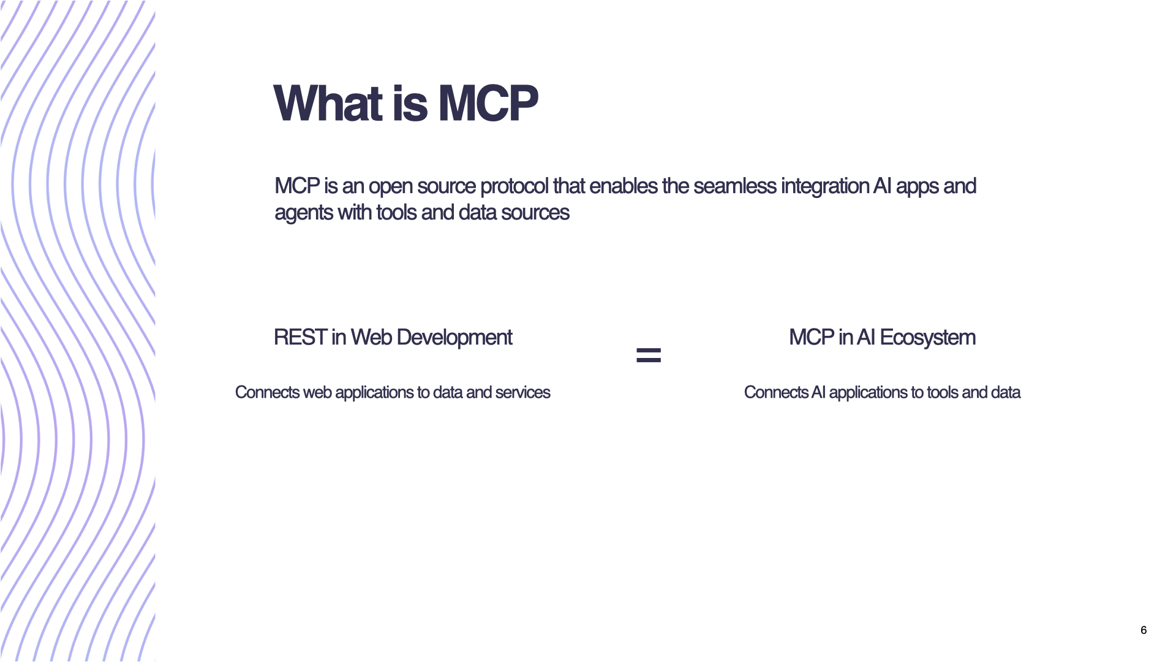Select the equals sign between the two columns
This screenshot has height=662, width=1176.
pos(649,355)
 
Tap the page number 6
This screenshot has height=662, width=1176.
pos(1144,630)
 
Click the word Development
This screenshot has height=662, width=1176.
pos(454,338)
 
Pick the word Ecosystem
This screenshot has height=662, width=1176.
pos(927,338)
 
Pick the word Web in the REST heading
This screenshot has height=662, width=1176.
pos(371,337)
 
